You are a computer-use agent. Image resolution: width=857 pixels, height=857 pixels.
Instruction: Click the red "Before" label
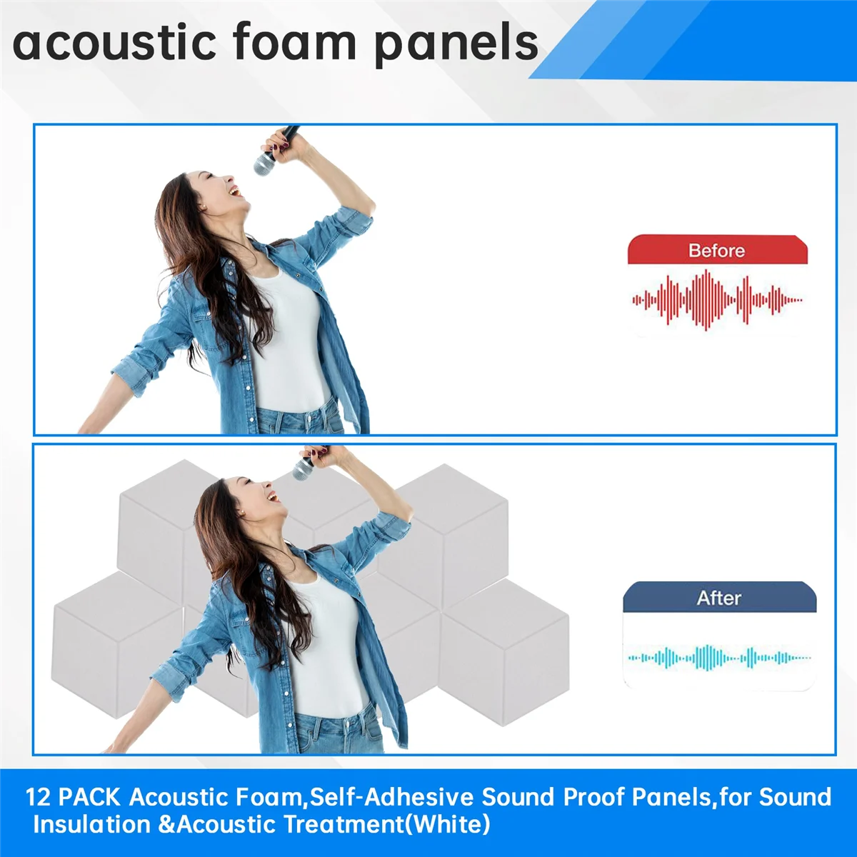(716, 251)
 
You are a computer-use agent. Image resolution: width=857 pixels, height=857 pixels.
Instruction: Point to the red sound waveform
(716, 300)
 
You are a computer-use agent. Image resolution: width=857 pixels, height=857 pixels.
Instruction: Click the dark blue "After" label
(719, 598)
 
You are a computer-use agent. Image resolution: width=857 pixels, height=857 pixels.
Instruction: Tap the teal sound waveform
(718, 657)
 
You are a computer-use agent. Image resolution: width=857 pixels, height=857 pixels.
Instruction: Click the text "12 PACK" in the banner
(73, 797)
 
